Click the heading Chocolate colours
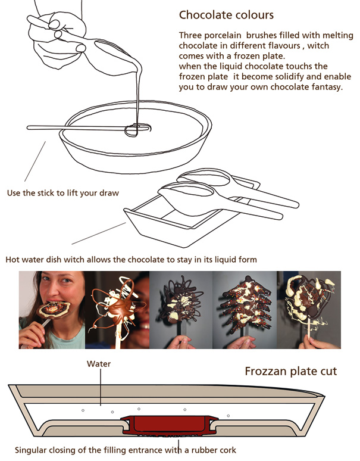226,15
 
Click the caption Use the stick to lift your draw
63,193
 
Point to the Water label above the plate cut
99,364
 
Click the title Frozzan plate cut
291,371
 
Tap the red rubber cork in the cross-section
170,425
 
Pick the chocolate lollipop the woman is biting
54,310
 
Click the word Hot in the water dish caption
12,260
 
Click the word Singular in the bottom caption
30,450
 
